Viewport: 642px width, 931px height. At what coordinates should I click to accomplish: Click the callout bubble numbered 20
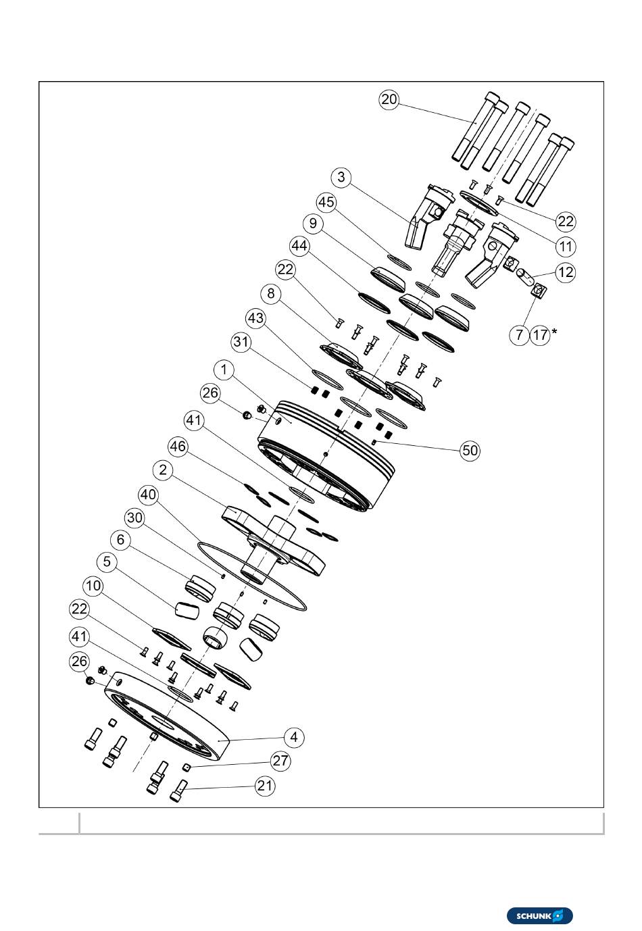point(389,100)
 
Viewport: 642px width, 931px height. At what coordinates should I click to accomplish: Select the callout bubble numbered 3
point(341,178)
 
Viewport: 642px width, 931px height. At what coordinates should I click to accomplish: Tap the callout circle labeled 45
point(326,203)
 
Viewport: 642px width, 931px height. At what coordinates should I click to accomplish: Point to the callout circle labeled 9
point(313,224)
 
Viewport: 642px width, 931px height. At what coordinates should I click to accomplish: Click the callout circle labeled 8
point(271,294)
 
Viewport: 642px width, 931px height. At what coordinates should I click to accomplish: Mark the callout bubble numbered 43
point(255,318)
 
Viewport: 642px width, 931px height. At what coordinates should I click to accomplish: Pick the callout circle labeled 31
point(241,343)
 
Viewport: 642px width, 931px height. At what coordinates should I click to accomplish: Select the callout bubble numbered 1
point(224,370)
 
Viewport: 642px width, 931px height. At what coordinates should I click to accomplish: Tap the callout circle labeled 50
point(470,451)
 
